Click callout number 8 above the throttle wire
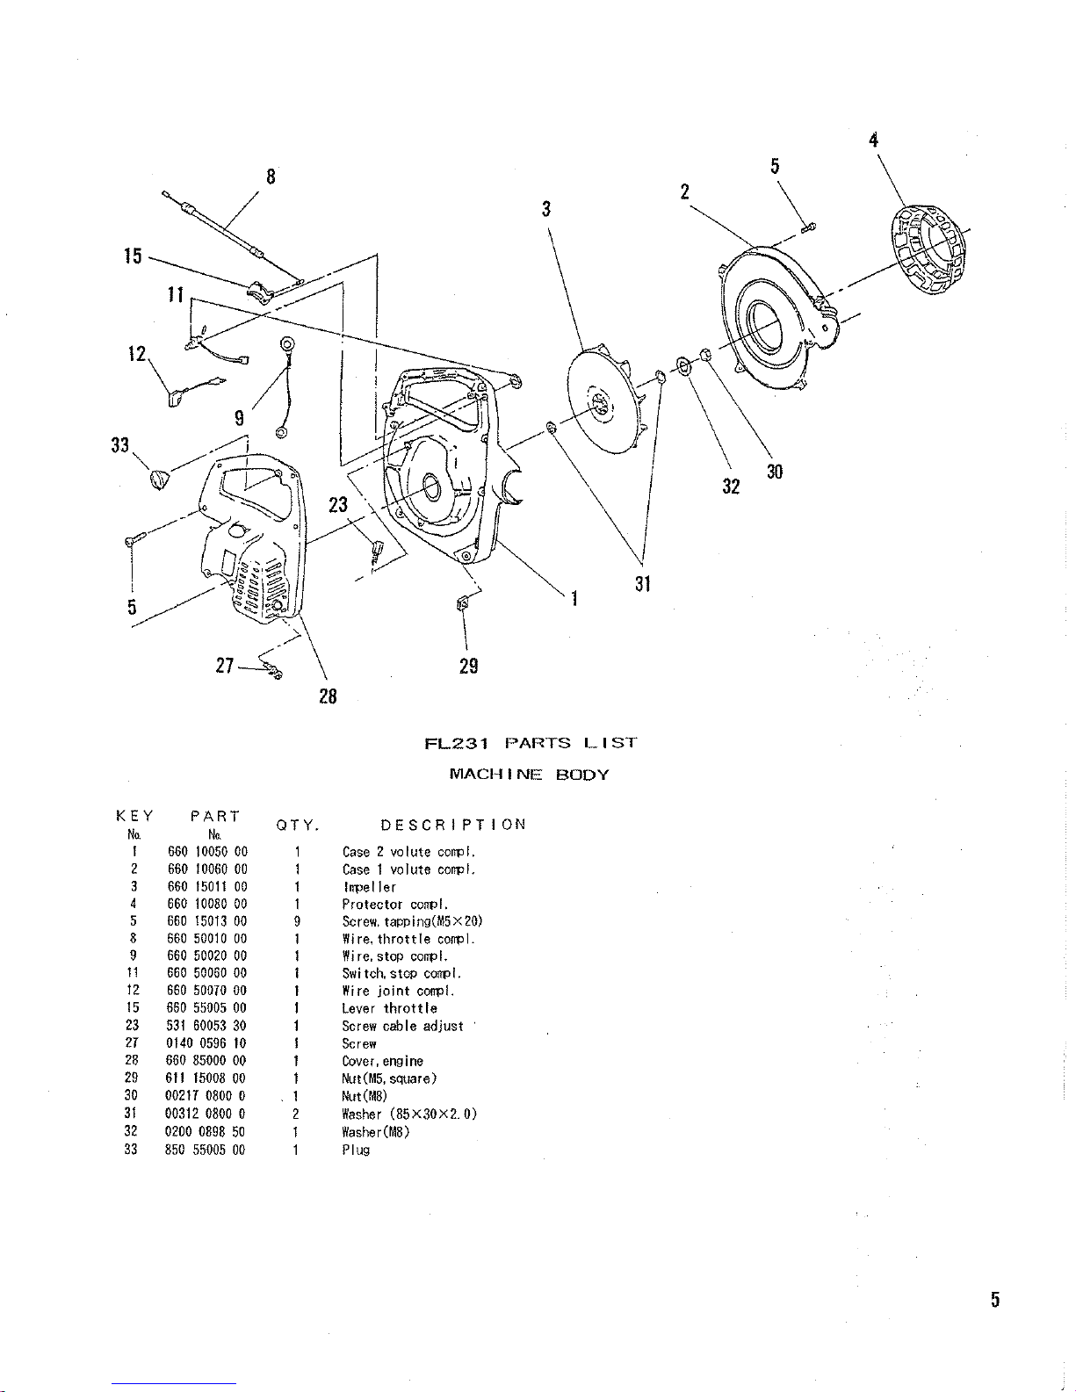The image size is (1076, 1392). [271, 177]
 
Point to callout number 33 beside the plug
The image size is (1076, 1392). [119, 444]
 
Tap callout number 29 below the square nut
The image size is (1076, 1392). [469, 667]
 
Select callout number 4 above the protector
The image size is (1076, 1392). [874, 140]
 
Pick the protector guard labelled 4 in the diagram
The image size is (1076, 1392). [929, 249]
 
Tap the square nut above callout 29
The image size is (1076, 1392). [463, 602]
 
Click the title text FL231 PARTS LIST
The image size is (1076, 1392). [531, 743]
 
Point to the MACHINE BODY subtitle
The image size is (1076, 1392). [529, 775]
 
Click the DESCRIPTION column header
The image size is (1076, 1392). [453, 825]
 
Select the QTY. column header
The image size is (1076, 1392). [298, 826]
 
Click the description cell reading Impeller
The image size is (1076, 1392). [370, 886]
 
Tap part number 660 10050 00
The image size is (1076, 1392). [207, 852]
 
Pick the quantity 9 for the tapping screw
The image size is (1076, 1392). [297, 921]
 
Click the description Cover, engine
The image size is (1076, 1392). [382, 1061]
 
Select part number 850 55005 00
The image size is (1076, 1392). [206, 1150]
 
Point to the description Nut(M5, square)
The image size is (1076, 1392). [389, 1078]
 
